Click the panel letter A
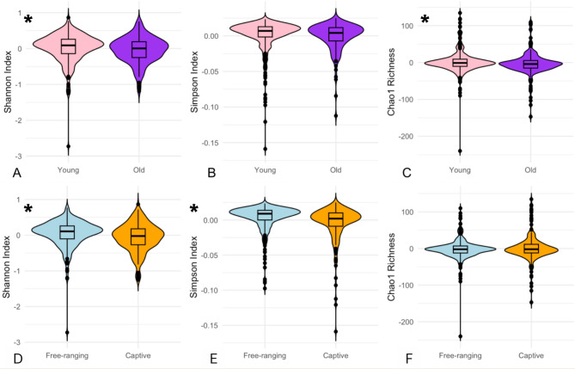pyautogui.click(x=6, y=172)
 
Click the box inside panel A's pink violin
pyautogui.click(x=69, y=46)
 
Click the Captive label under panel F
pyautogui.click(x=529, y=354)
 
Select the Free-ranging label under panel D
pyautogui.click(x=69, y=354)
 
